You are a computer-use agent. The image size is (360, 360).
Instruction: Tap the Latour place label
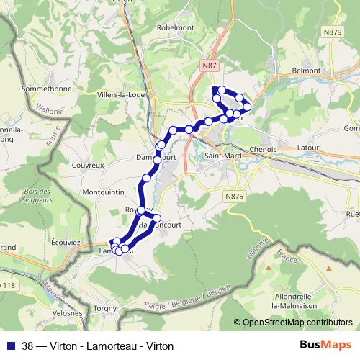pos(308,147)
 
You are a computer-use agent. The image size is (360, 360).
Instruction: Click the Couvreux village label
pos(89,164)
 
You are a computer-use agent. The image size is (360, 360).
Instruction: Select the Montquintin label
pos(104,192)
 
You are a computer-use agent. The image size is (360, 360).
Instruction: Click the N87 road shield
pos(208,66)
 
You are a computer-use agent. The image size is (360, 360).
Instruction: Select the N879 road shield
pos(333,32)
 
